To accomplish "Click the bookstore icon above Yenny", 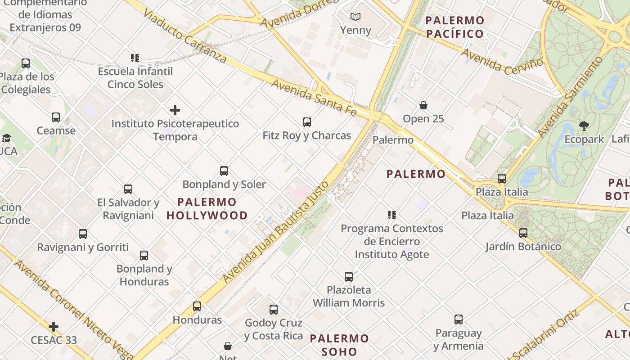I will click(x=355, y=17).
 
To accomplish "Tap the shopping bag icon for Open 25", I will click(x=423, y=105).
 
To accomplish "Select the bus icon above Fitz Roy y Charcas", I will click(x=307, y=122).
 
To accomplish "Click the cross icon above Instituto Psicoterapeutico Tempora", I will click(x=175, y=110).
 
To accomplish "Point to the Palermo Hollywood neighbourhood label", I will click(x=207, y=209).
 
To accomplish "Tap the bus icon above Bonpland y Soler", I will click(x=224, y=171).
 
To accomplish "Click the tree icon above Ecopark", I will click(x=584, y=126).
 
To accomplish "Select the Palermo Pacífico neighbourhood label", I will click(x=455, y=27).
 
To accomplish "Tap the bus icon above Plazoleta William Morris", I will click(x=349, y=277).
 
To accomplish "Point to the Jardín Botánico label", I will click(x=523, y=247).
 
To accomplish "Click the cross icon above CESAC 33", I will click(x=54, y=327).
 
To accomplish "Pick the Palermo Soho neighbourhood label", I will click(x=339, y=345).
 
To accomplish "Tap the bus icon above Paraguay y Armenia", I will click(x=459, y=320).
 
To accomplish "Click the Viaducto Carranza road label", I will click(x=184, y=36).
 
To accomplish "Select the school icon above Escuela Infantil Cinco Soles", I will click(x=135, y=58).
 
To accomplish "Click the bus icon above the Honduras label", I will click(x=197, y=306).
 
